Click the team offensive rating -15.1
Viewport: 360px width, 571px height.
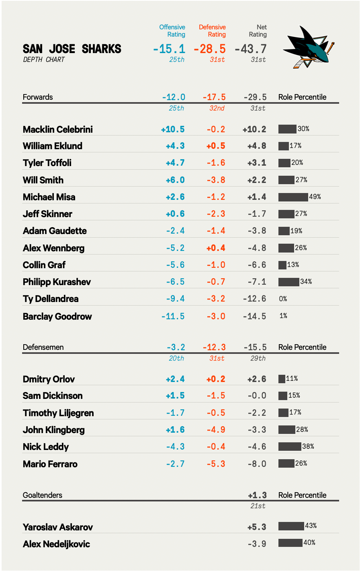pyautogui.click(x=169, y=49)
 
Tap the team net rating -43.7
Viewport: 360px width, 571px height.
pyautogui.click(x=251, y=49)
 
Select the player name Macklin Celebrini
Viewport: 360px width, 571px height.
pyautogui.click(x=58, y=129)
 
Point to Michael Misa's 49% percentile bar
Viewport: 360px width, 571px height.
pyautogui.click(x=293, y=197)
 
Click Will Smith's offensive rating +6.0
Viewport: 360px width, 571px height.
pyautogui.click(x=175, y=180)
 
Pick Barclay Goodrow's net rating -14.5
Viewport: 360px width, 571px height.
pyautogui.click(x=254, y=316)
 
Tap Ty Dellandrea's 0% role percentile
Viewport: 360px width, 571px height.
pyautogui.click(x=283, y=299)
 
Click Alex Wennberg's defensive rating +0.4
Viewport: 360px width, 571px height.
pyautogui.click(x=216, y=248)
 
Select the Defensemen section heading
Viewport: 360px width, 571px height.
pyautogui.click(x=43, y=347)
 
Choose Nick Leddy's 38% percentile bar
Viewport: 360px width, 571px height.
pyautogui.click(x=290, y=446)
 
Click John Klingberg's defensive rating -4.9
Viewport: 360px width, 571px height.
pyautogui.click(x=216, y=430)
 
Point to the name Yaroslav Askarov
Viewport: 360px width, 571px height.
pyautogui.click(x=58, y=527)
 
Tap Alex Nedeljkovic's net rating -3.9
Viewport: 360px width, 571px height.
pyautogui.click(x=257, y=544)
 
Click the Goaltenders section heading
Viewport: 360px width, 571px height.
pyautogui.click(x=43, y=495)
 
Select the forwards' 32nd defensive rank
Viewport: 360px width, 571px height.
pyautogui.click(x=217, y=109)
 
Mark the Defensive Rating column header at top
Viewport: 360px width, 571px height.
pyautogui.click(x=212, y=31)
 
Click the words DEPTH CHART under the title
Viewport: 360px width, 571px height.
pyautogui.click(x=44, y=60)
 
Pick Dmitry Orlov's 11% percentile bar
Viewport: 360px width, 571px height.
pyautogui.click(x=282, y=379)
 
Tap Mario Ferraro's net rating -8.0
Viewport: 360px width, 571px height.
pyautogui.click(x=257, y=464)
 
